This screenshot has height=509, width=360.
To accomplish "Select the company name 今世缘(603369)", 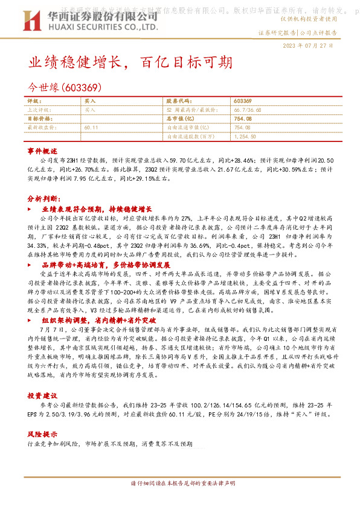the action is click(x=68, y=87).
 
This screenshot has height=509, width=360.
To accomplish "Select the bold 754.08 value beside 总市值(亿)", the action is click(x=242, y=119).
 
